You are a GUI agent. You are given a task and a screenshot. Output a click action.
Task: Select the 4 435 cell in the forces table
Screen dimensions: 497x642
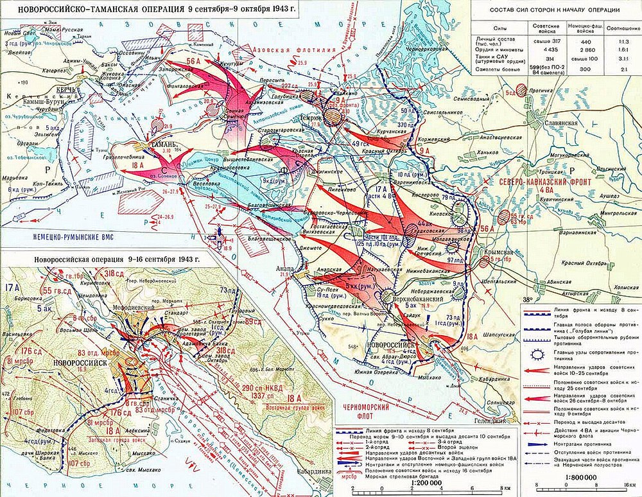tap(544, 49)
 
